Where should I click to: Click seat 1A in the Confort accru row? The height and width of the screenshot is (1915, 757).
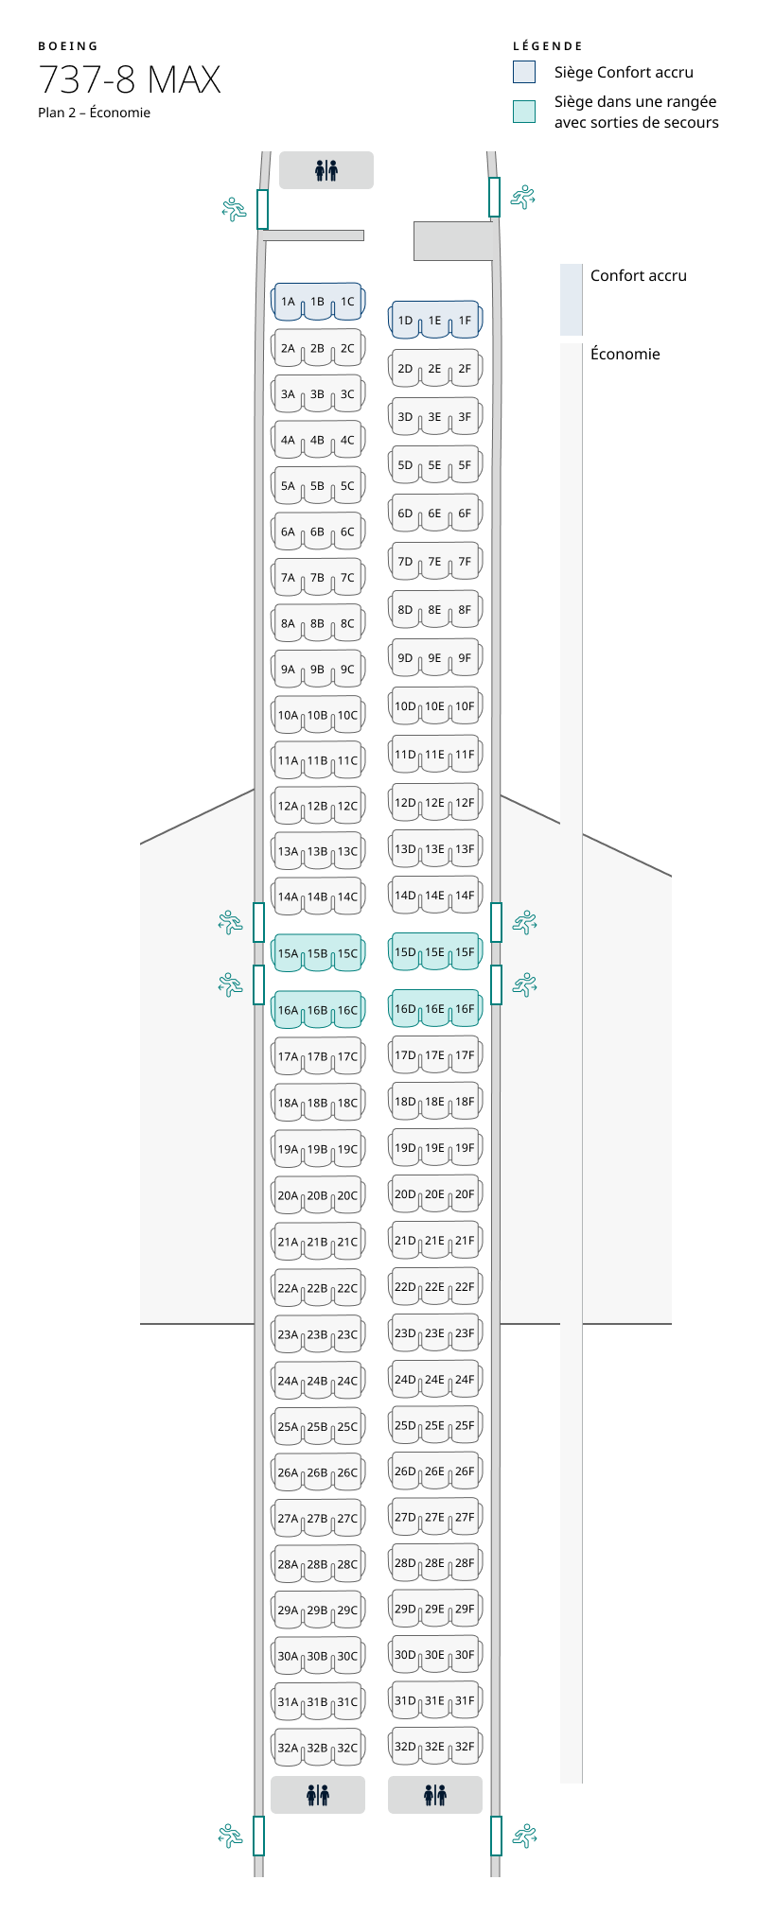[x=288, y=303]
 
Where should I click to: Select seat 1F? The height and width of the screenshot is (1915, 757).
[x=465, y=322]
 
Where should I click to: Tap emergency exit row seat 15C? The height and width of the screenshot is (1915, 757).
[x=347, y=954]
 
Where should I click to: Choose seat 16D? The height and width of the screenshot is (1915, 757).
[x=405, y=1010]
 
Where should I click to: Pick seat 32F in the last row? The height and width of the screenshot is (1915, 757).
[x=465, y=1747]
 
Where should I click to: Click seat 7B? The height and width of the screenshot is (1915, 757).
[x=317, y=578]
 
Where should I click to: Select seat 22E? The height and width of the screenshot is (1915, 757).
[x=434, y=1287]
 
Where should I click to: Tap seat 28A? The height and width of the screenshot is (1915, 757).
[x=288, y=1564]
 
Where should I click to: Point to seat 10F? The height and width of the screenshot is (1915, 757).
[x=465, y=706]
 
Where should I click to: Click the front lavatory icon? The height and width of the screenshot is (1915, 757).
[x=326, y=171]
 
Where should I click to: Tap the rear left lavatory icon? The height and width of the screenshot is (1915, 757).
[x=318, y=1794]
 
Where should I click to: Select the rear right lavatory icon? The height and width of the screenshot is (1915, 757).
[x=435, y=1794]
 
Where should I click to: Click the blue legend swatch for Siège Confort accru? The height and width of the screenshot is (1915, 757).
[x=524, y=72]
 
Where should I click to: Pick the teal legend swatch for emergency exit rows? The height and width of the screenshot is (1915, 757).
[x=524, y=112]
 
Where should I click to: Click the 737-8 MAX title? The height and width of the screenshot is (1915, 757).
[x=130, y=80]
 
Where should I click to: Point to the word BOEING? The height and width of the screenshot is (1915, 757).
[x=68, y=46]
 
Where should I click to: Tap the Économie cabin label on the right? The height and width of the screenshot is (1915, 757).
[x=625, y=355]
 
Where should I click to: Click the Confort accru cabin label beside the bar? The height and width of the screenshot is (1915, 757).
[x=638, y=276]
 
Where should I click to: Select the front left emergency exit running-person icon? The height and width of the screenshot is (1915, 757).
[x=234, y=209]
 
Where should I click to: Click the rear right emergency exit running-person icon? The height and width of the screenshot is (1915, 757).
[x=523, y=1836]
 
